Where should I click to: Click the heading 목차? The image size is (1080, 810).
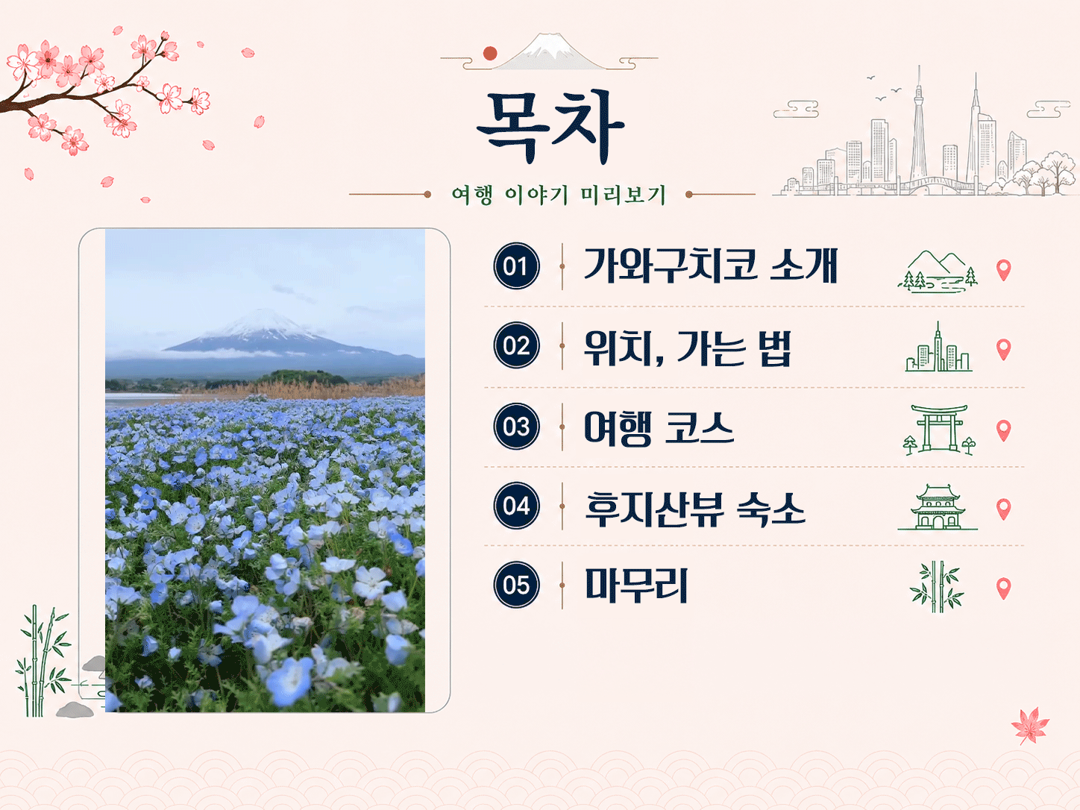(550, 127)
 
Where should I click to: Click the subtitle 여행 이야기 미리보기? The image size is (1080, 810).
(559, 195)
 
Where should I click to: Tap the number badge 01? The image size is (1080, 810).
(516, 266)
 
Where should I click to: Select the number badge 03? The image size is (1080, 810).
(516, 426)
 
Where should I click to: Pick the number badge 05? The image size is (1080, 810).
(516, 585)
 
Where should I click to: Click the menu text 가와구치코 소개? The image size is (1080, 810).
(711, 266)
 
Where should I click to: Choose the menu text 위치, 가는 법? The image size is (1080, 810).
(688, 348)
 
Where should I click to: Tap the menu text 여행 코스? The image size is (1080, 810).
(659, 427)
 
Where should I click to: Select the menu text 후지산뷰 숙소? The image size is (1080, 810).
(694, 509)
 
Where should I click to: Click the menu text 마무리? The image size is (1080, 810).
(636, 585)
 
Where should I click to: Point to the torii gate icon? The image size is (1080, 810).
(938, 429)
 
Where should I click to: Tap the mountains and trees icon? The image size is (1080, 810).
(938, 271)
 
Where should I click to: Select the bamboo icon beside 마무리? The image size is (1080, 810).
(937, 587)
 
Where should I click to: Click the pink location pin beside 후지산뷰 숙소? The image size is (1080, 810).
(1004, 509)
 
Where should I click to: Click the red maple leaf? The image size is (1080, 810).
(1030, 726)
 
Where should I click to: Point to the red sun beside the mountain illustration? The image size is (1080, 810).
(490, 53)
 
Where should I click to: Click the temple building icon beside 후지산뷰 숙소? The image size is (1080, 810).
(938, 507)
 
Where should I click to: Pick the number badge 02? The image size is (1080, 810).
(516, 345)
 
